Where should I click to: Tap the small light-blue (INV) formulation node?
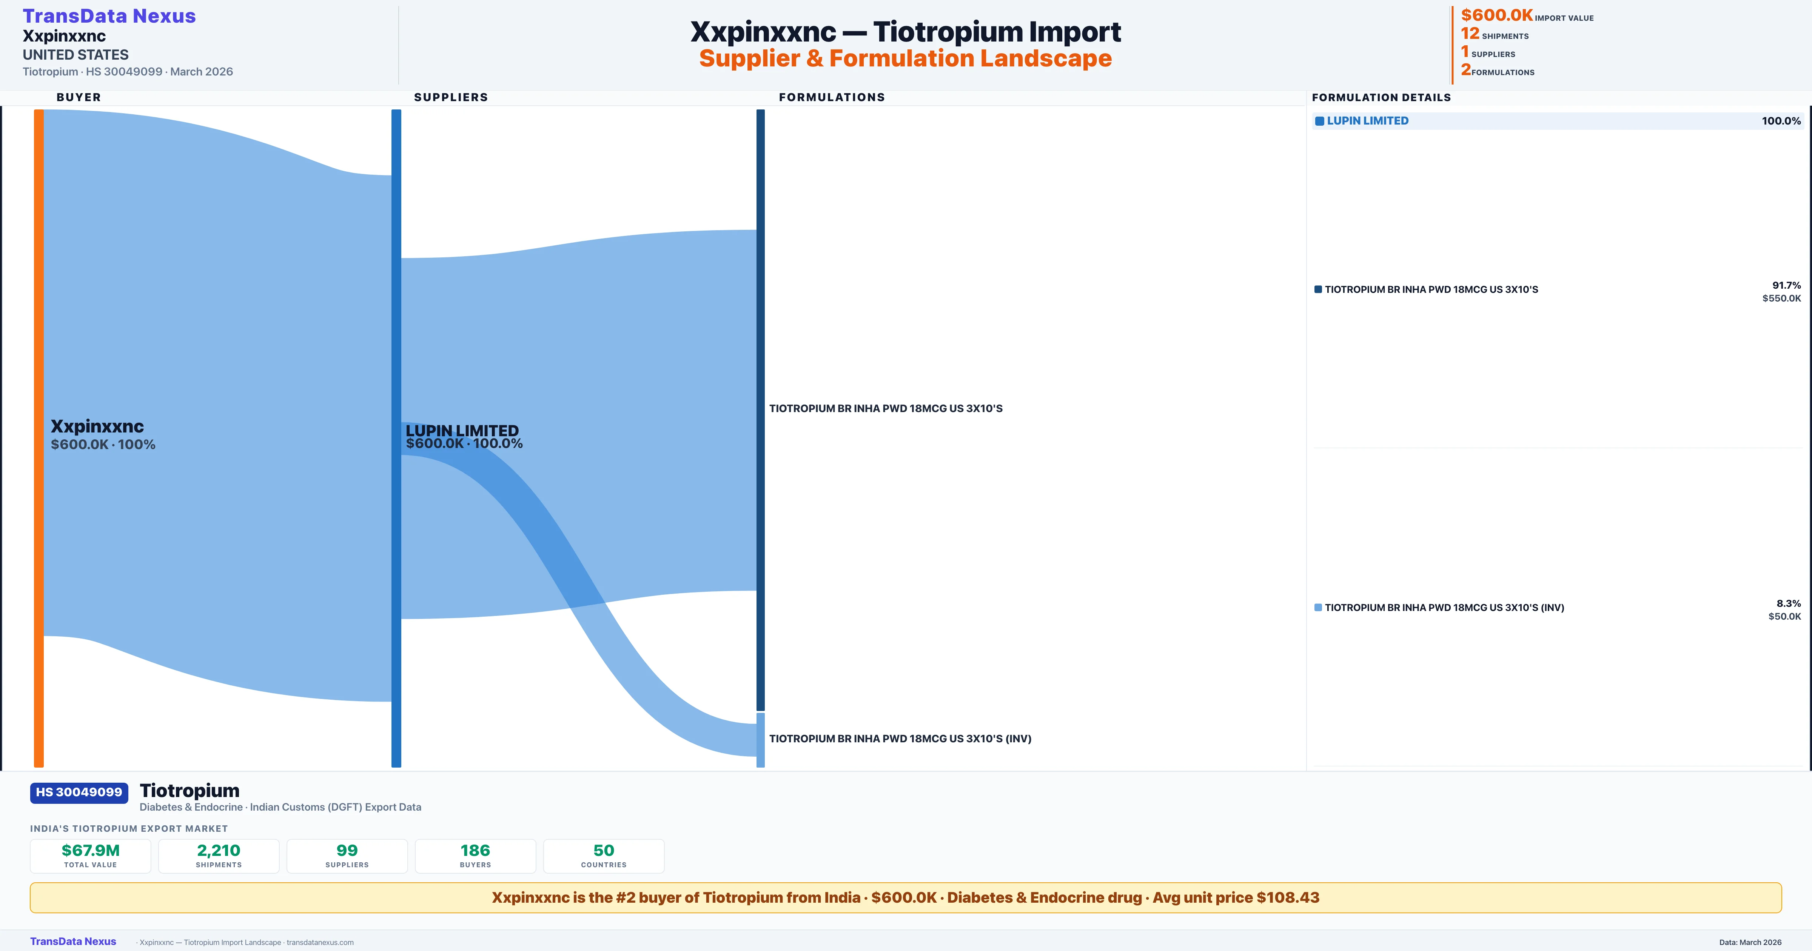(x=760, y=740)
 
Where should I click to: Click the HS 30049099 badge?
(x=79, y=793)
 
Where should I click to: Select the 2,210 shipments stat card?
(x=219, y=856)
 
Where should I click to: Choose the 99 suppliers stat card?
(x=347, y=856)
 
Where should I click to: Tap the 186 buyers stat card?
(x=476, y=856)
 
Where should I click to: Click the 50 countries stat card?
(x=604, y=856)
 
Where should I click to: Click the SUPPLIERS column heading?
(x=451, y=97)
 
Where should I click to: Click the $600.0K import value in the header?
(x=1496, y=15)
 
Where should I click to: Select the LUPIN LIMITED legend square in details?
(x=1320, y=121)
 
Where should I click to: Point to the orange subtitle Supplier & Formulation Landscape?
(x=905, y=58)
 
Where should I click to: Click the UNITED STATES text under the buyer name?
(x=75, y=55)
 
